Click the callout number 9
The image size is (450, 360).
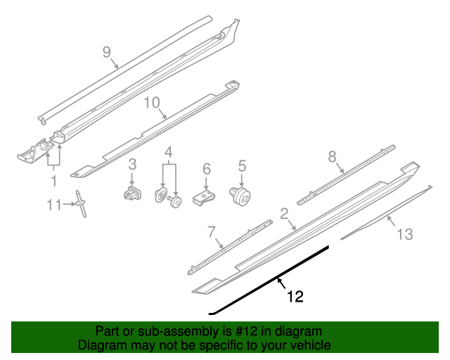click(x=107, y=52)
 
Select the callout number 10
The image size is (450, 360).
click(x=153, y=103)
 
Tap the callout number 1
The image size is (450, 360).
click(x=53, y=181)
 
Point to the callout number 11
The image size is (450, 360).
click(x=55, y=205)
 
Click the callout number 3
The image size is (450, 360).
click(x=131, y=165)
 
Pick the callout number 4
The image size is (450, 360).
click(x=169, y=152)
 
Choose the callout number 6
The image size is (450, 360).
click(x=207, y=169)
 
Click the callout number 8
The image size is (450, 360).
click(x=333, y=157)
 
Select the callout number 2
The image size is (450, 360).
click(x=284, y=213)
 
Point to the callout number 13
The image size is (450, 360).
click(x=405, y=234)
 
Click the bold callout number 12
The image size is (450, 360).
click(x=295, y=297)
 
